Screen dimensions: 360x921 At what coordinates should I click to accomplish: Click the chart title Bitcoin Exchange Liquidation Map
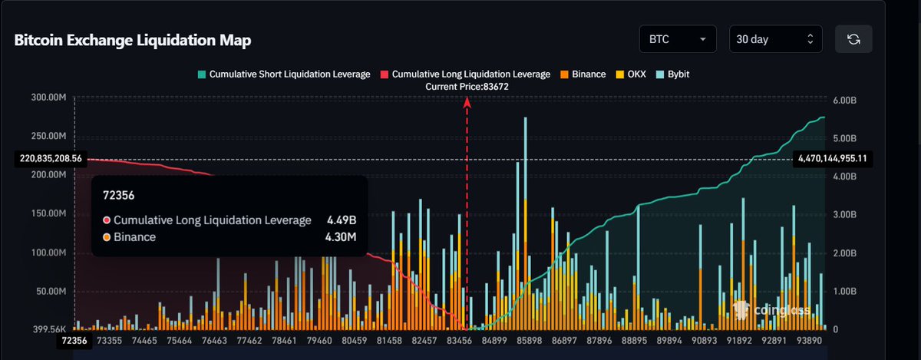[133, 40]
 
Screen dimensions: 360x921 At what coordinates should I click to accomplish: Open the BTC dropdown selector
[677, 39]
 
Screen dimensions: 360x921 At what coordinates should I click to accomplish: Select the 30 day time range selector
[775, 39]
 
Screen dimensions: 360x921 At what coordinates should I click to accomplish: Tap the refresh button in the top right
[852, 39]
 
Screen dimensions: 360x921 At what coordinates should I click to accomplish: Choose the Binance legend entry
[586, 74]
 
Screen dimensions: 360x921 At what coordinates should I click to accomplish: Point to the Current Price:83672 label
[467, 87]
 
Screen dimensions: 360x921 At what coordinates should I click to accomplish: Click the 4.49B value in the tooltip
[342, 220]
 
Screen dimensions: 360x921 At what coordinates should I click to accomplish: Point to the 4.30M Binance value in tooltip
[342, 237]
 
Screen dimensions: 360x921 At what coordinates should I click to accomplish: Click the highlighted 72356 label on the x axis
[74, 340]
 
